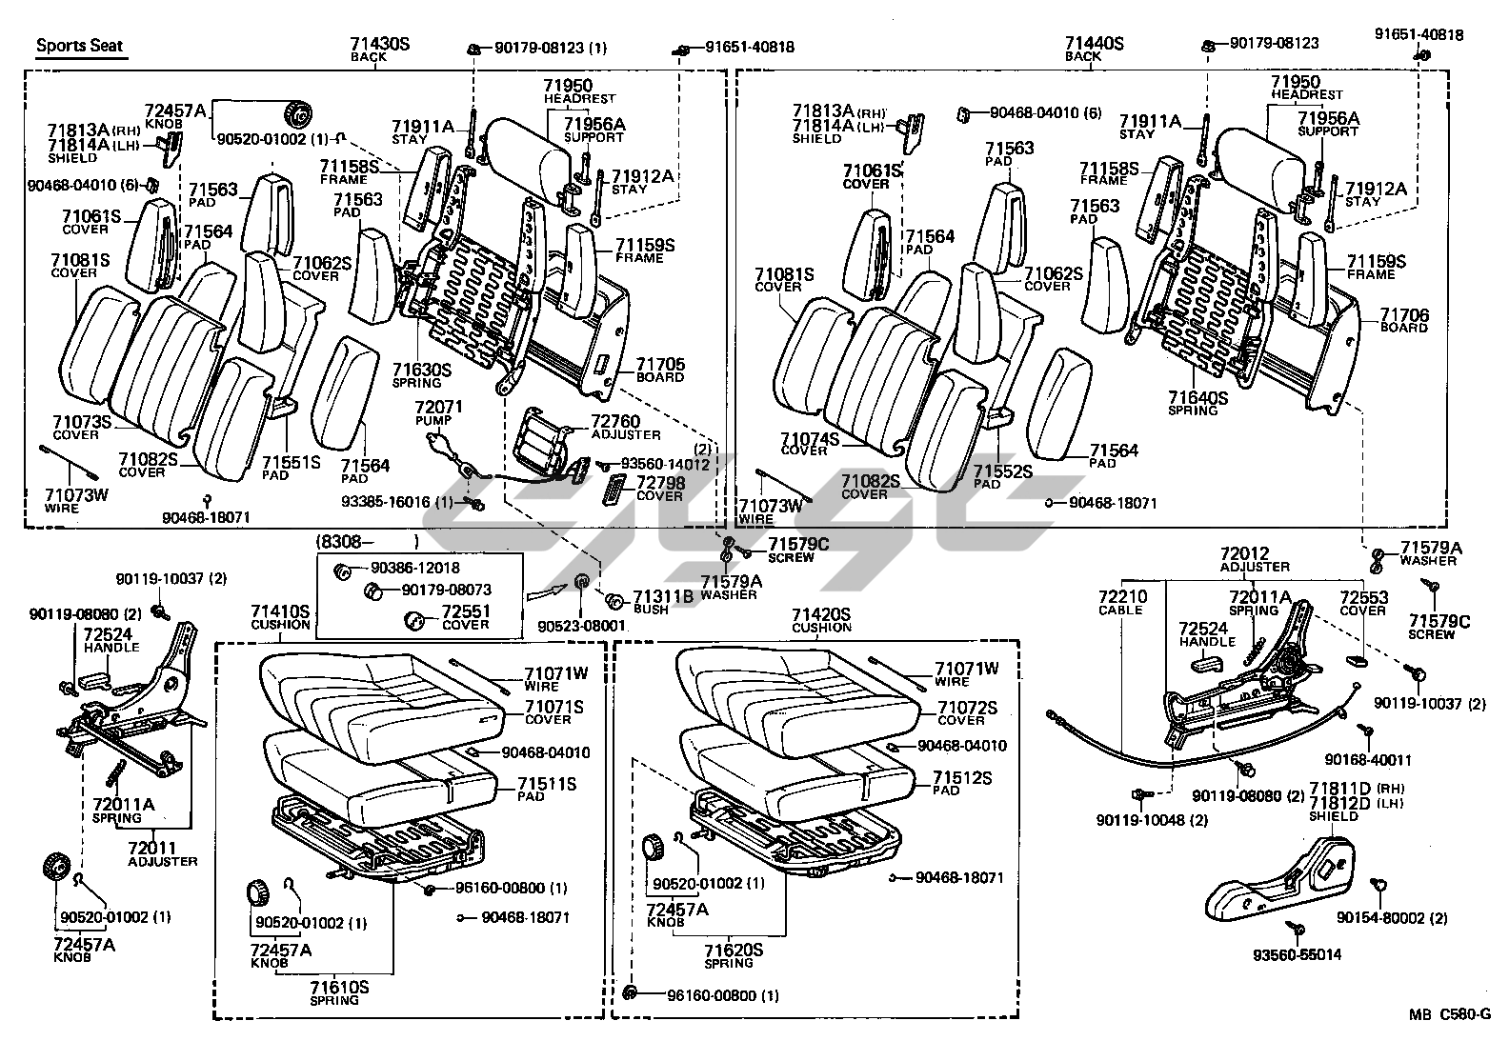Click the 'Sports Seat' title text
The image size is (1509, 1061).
coord(80,46)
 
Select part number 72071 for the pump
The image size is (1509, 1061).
coord(438,407)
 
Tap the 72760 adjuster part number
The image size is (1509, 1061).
coord(614,421)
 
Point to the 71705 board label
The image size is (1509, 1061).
coord(660,365)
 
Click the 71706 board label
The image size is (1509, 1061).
coord(1404,315)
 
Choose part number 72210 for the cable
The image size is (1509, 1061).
coord(1122,597)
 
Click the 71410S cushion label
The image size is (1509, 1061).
coord(280,611)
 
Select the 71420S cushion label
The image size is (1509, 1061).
coord(821,614)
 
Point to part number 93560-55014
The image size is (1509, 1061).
coord(1297,954)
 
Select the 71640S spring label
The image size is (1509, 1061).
coord(1197,398)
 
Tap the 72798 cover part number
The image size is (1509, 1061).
coord(659,483)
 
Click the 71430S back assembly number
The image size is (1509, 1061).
coord(379,44)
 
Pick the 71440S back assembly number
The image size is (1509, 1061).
coord(1095,44)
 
